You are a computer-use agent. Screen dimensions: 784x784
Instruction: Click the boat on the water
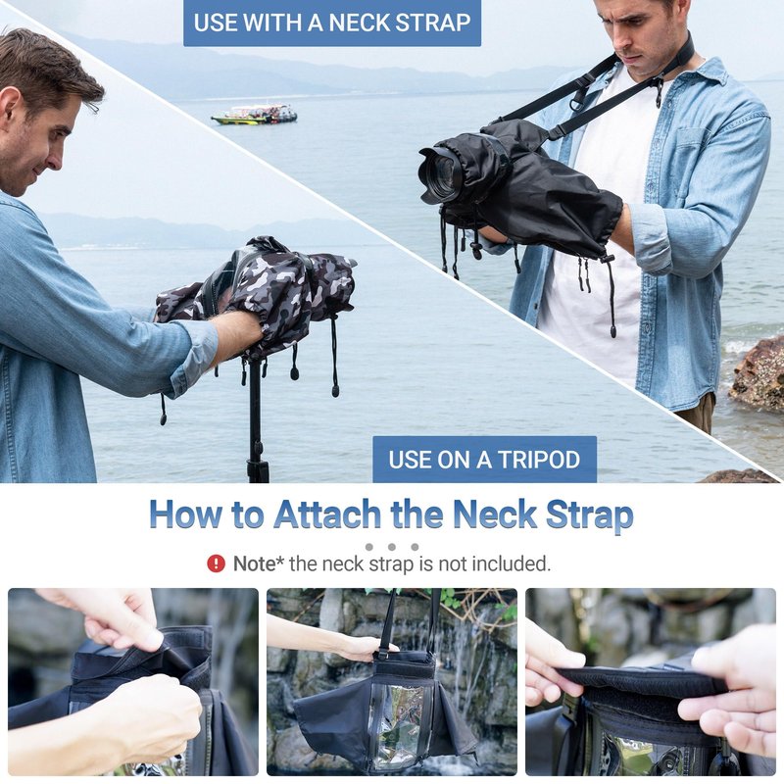tap(254, 115)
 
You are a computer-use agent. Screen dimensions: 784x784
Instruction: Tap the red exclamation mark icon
tap(216, 564)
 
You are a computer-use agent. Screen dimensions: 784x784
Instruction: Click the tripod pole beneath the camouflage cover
tap(257, 421)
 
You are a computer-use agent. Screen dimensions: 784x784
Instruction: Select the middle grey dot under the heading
tap(391, 547)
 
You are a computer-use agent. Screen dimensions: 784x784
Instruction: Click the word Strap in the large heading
tap(590, 515)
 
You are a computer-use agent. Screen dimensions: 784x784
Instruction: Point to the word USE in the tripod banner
tap(410, 460)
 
